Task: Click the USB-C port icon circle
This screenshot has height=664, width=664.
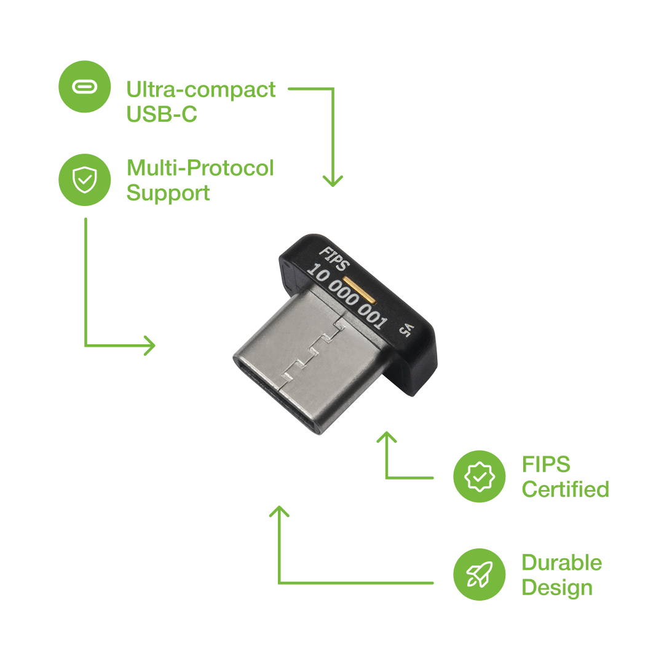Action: [x=85, y=87]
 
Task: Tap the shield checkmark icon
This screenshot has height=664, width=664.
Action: [x=85, y=180]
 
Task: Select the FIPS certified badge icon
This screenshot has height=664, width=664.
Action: [x=480, y=476]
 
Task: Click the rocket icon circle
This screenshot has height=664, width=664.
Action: [x=480, y=575]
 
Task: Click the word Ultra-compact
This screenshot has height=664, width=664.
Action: [x=201, y=90]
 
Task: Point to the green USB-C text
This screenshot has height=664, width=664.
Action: [x=162, y=114]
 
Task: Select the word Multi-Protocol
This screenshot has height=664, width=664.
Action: [x=200, y=168]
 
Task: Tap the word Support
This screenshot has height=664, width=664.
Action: [x=168, y=193]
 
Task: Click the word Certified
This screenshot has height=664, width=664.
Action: [x=565, y=489]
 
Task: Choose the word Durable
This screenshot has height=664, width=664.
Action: [x=561, y=563]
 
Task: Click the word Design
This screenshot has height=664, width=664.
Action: [x=557, y=588]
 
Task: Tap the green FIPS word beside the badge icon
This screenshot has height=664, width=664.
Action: [x=546, y=464]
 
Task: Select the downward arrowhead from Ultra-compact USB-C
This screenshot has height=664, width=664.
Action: [x=333, y=181]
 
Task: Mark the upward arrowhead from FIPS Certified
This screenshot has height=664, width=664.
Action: [x=386, y=437]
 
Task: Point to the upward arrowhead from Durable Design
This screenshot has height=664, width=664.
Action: [x=279, y=512]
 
